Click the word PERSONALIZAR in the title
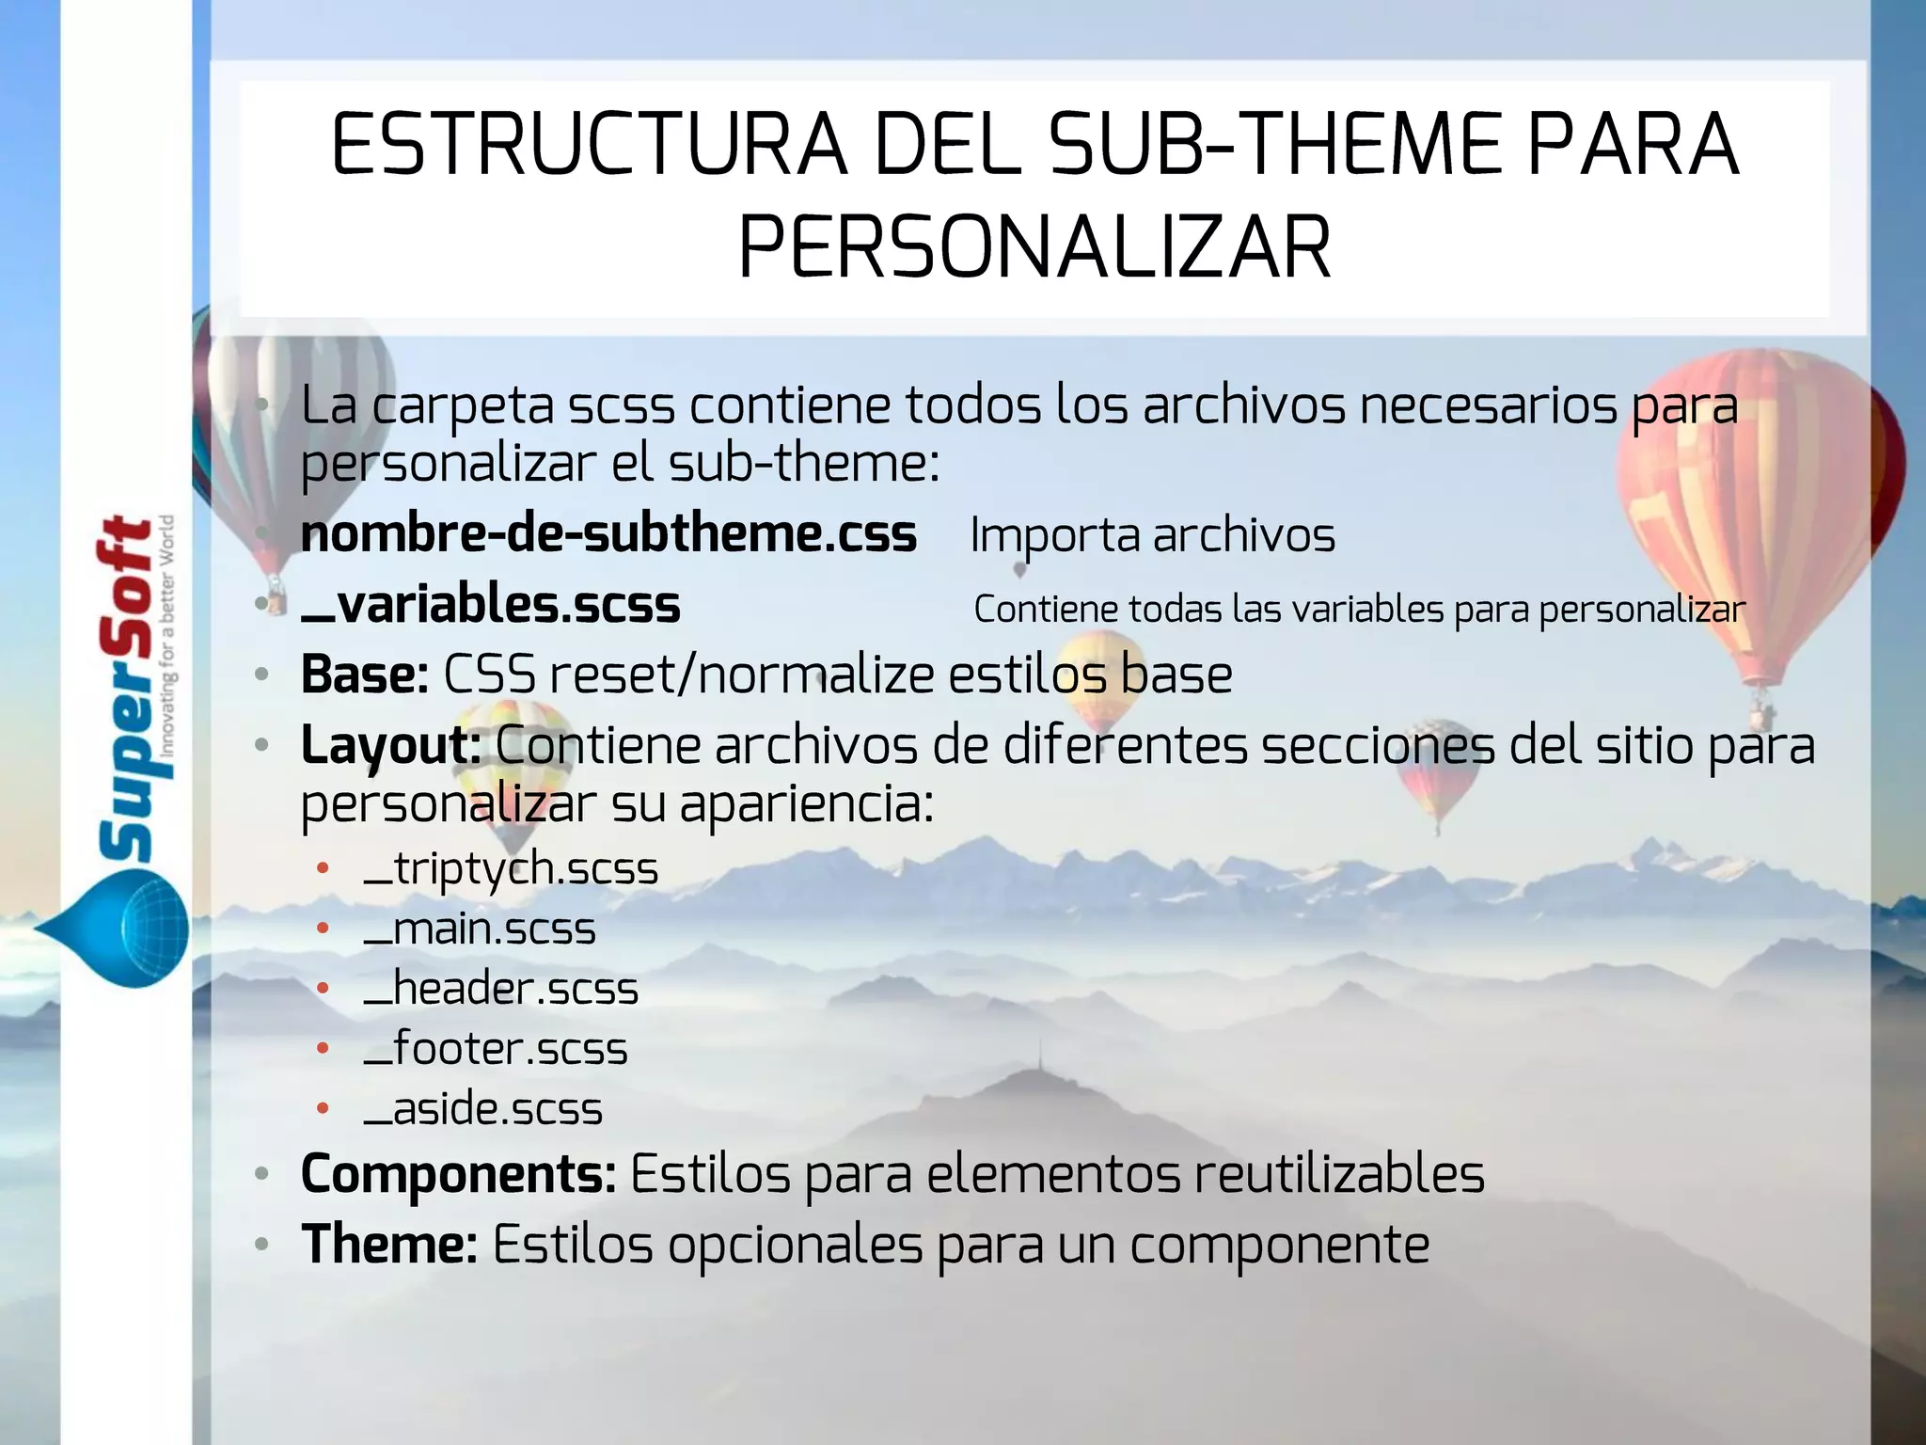(x=1034, y=248)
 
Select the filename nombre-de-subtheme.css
(x=608, y=534)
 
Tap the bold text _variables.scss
(x=490, y=605)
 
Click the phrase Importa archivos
(x=1152, y=535)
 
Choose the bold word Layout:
(x=391, y=745)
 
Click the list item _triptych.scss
(x=511, y=868)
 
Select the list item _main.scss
(x=480, y=929)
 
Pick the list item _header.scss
(x=500, y=989)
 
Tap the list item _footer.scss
(x=496, y=1049)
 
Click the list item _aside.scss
(x=482, y=1109)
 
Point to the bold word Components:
(x=458, y=1174)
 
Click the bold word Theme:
(x=389, y=1245)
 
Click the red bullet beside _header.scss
(x=323, y=989)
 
